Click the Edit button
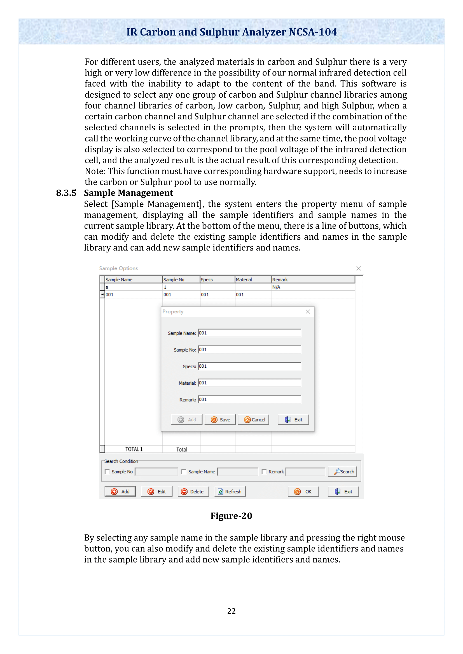[x=156, y=491]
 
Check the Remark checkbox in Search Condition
[x=264, y=472]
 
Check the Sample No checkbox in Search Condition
[x=107, y=472]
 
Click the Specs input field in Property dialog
[x=249, y=366]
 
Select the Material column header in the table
[x=252, y=279]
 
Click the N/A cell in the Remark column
[x=313, y=287]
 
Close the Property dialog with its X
[x=308, y=311]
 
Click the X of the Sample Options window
[x=358, y=268]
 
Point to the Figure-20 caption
[x=231, y=516]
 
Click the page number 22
[x=231, y=611]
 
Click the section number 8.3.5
[x=66, y=193]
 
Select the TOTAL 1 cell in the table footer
[x=134, y=449]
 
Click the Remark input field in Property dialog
[x=249, y=400]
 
